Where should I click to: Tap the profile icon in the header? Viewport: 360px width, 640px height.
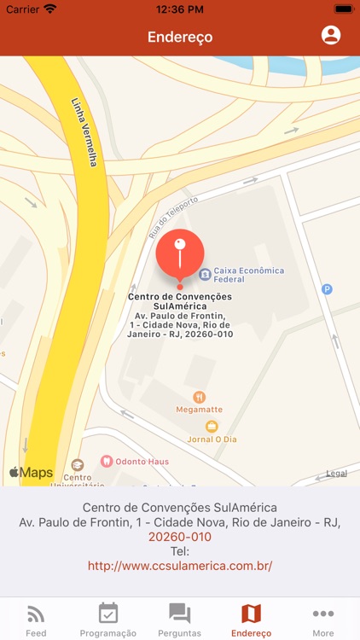[x=330, y=35]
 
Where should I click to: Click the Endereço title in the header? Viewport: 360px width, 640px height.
[x=180, y=37]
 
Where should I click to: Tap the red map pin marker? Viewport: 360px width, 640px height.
[x=180, y=254]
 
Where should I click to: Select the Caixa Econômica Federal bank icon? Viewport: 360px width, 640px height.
[x=205, y=274]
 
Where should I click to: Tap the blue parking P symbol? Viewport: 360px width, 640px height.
[x=326, y=289]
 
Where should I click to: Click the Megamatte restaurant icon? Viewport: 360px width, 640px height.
[x=199, y=397]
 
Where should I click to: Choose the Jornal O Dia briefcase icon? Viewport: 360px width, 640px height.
[x=212, y=426]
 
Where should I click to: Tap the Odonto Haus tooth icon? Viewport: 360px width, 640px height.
[x=107, y=461]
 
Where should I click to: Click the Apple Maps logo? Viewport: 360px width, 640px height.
[x=31, y=472]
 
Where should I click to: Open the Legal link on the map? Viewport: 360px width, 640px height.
[x=336, y=473]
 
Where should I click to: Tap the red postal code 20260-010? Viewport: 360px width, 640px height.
[x=180, y=537]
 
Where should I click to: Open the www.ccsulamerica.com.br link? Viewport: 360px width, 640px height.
[x=180, y=565]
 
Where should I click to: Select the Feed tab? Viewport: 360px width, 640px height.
[x=36, y=619]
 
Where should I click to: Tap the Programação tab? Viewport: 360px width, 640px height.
[x=108, y=619]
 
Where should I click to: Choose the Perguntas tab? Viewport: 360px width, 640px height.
[x=179, y=619]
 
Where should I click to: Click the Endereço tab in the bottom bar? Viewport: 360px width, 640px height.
[x=251, y=619]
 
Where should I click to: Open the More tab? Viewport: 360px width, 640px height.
[x=323, y=619]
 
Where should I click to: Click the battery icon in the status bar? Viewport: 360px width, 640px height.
[x=344, y=9]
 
